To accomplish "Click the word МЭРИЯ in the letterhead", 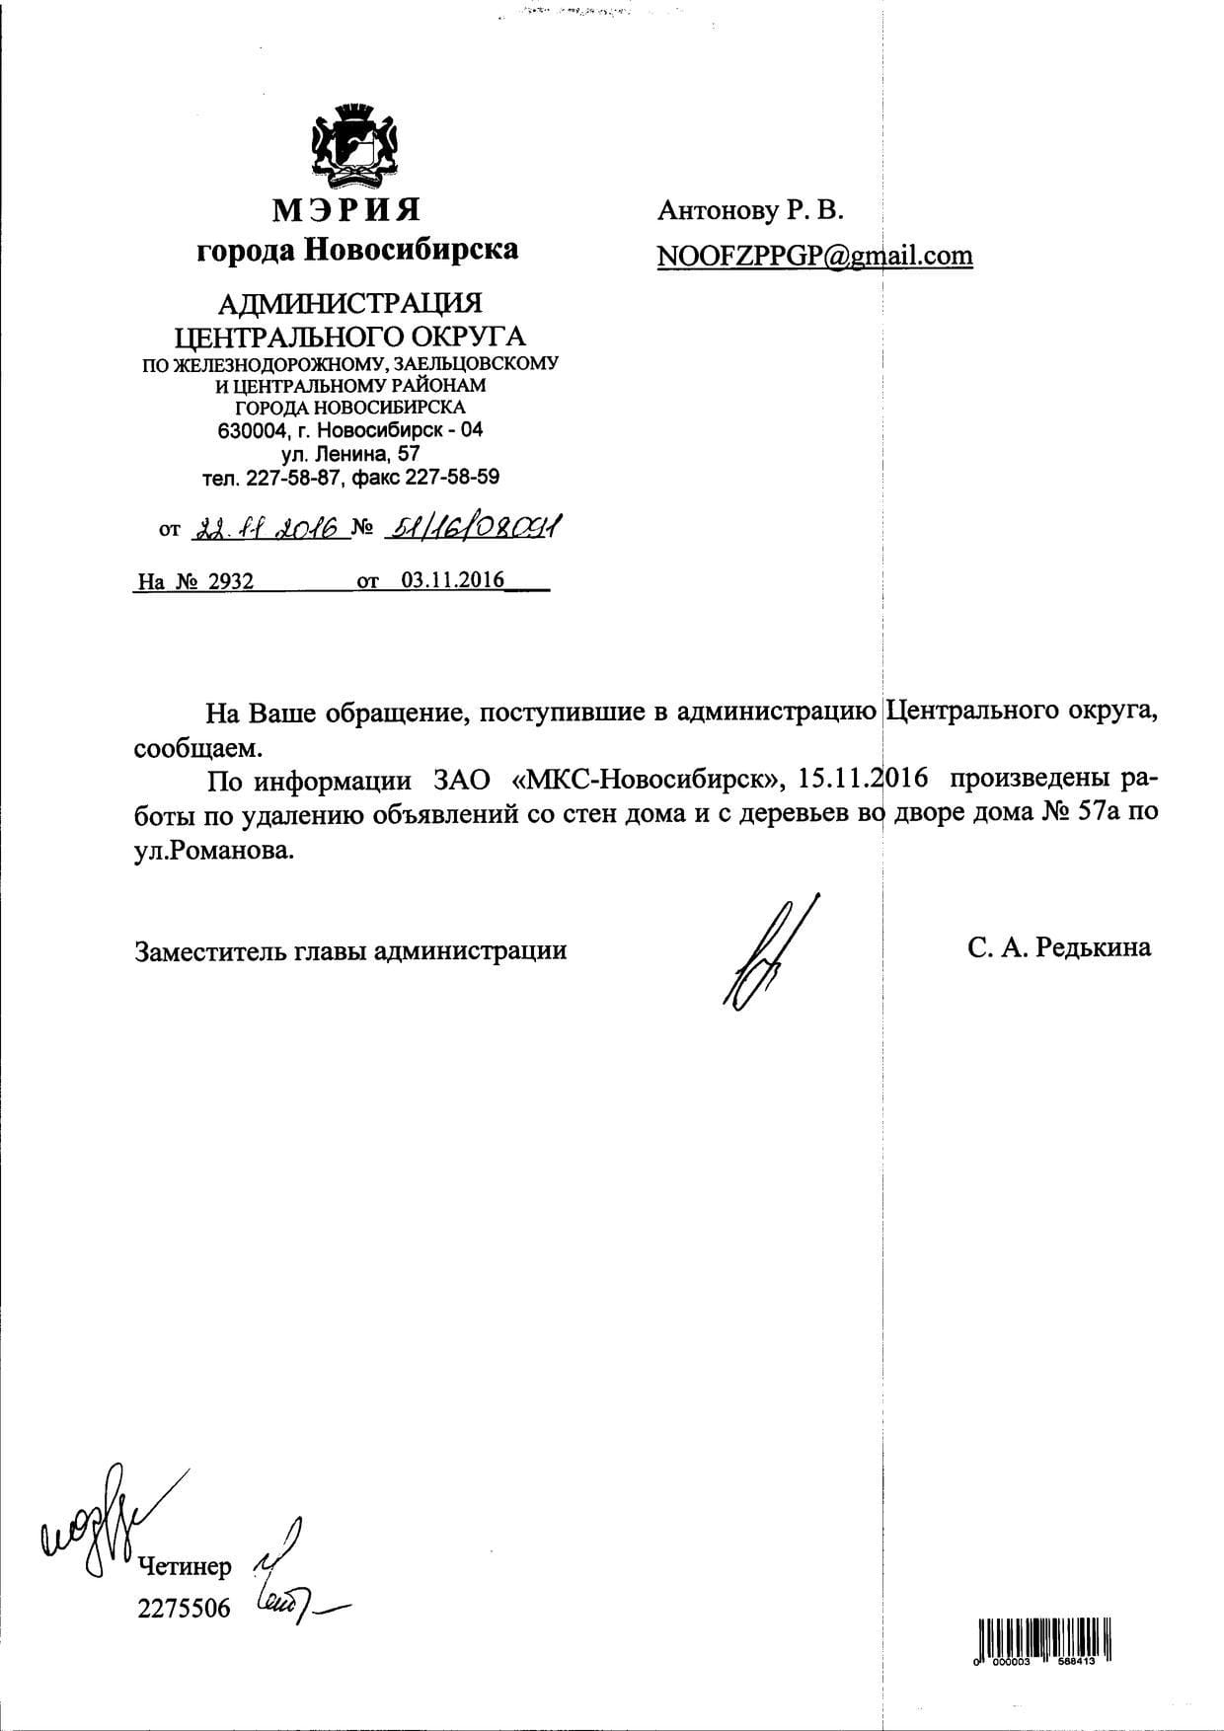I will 346,210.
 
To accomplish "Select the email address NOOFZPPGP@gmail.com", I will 814,256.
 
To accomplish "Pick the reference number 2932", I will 230,581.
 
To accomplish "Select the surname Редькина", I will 1095,948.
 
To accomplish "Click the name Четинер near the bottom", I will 185,1566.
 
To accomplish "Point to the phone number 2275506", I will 185,1608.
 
